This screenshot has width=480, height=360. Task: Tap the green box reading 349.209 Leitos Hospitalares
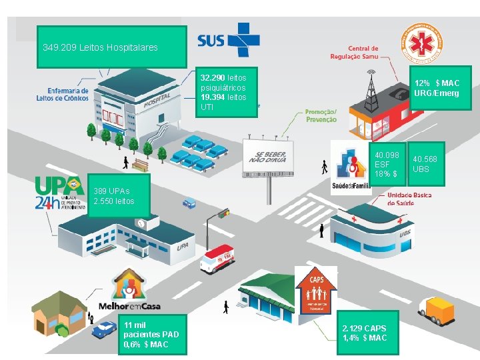tap(111, 47)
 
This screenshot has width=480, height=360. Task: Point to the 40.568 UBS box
tap(425, 164)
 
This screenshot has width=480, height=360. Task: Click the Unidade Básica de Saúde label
tap(409, 199)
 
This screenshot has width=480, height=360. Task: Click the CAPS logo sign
tap(317, 290)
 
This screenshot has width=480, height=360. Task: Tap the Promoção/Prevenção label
tap(321, 115)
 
